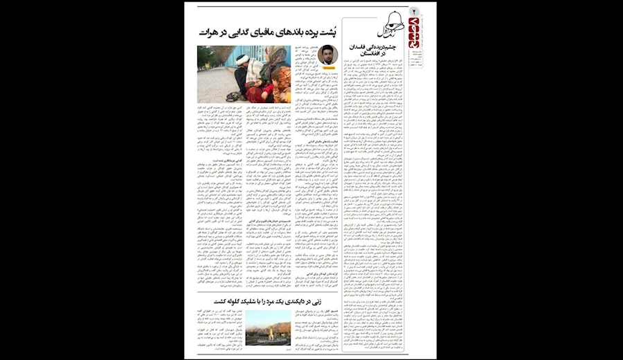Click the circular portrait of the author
[327, 56]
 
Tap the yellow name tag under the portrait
[327, 68]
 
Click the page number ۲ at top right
[415, 11]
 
